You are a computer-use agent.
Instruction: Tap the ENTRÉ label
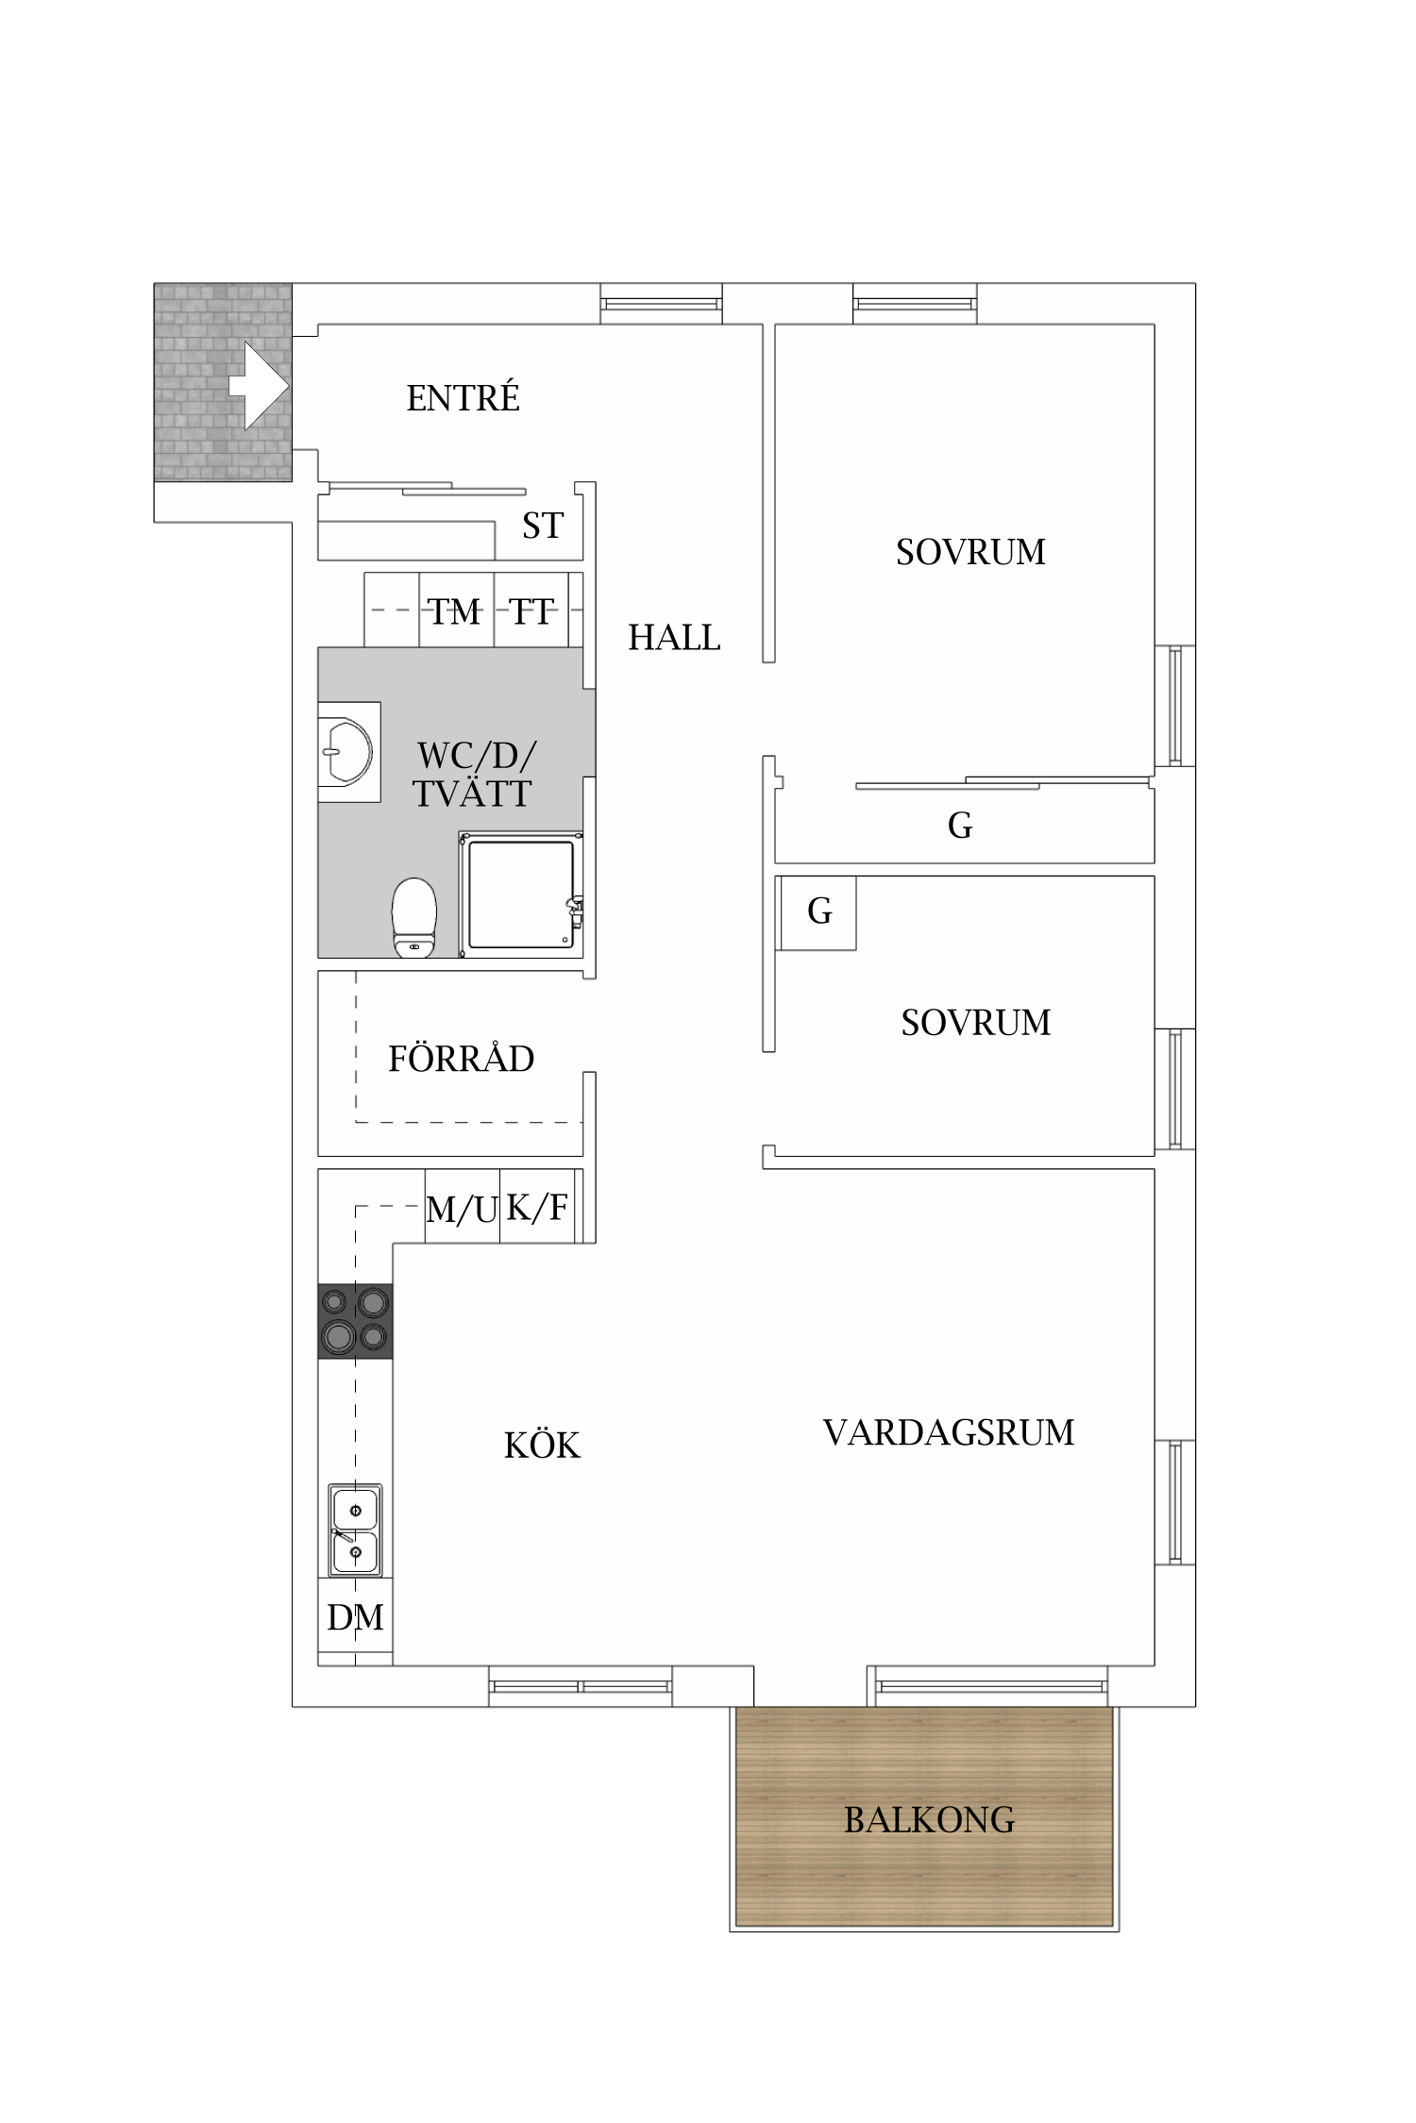coord(464,397)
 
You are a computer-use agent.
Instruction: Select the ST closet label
coord(543,526)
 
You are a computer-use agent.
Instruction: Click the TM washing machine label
coord(455,611)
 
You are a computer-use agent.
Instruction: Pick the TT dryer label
coord(531,611)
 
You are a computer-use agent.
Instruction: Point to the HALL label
coord(674,638)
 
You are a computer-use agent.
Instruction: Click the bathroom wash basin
coord(346,752)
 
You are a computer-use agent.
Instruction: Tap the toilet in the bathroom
coord(414,917)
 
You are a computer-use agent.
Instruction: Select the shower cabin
coord(521,894)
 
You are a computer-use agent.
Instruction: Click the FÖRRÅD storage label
coord(461,1059)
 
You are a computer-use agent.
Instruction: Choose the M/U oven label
coord(462,1209)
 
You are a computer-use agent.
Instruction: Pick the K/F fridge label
coord(537,1207)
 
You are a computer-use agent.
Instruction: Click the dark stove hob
coord(355,1321)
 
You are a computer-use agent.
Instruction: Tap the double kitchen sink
coord(355,1530)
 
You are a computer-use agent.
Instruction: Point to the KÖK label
coord(542,1445)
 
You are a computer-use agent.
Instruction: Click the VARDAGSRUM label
coord(949,1432)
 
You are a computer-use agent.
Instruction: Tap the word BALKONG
coord(929,1819)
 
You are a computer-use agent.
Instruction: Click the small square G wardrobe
coord(818,912)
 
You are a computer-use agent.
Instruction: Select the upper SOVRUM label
coord(970,552)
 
